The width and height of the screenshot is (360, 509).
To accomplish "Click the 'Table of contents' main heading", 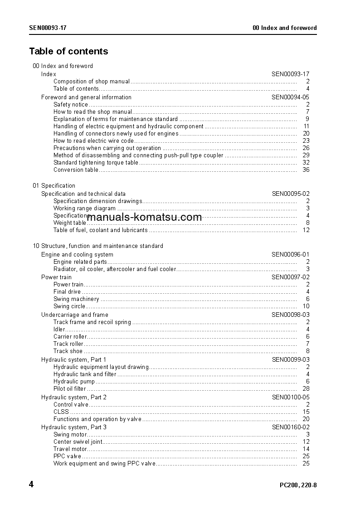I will (x=68, y=51).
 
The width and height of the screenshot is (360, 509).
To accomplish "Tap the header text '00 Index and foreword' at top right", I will (x=284, y=28).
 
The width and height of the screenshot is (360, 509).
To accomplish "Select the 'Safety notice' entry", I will (x=71, y=105).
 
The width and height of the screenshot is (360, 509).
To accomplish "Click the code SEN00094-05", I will (x=290, y=97).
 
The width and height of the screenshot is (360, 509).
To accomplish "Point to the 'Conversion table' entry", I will (x=75, y=170).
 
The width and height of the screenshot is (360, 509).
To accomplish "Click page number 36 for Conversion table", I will (x=306, y=170).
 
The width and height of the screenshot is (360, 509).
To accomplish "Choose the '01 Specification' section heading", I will (x=54, y=185).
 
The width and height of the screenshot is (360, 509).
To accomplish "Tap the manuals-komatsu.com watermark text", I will (x=144, y=217).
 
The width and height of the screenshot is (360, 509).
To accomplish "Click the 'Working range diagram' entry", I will (x=84, y=208).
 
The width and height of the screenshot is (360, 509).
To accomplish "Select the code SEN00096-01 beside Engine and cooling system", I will (x=290, y=254).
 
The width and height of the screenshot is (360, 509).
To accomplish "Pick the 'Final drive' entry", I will (x=67, y=292).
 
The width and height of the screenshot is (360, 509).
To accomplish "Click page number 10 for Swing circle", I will (x=306, y=306).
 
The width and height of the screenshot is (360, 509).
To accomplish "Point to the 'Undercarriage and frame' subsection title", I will (x=74, y=315).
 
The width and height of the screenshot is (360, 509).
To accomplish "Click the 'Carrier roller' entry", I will (x=70, y=337).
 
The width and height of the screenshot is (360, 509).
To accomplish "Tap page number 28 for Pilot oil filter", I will (x=306, y=389).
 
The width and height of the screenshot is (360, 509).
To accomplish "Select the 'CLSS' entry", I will (x=61, y=412).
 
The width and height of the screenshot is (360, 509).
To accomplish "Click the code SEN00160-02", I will (x=290, y=427).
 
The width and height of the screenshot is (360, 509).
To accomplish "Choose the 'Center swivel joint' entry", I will (x=78, y=442).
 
